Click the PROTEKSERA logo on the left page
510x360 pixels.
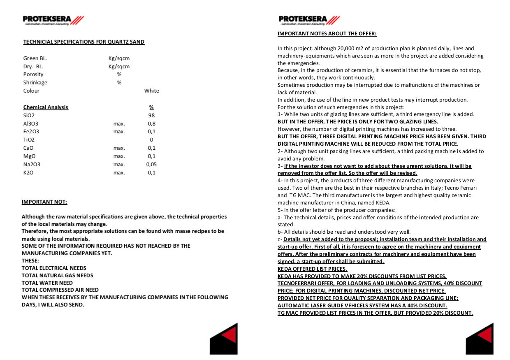click(53, 20)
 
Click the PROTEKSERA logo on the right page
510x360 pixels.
click(309, 20)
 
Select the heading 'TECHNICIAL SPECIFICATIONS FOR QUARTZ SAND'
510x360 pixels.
click(84, 42)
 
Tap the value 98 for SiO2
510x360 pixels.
click(151, 116)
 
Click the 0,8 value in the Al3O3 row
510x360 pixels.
click(151, 123)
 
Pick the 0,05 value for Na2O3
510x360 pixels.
click(151, 165)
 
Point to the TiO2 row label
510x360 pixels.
click(29, 140)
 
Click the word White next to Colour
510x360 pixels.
click(151, 91)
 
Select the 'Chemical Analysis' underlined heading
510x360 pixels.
click(46, 107)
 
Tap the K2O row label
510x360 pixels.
click(28, 173)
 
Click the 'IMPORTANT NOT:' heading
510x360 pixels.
click(44, 202)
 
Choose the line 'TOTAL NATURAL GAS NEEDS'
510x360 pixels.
click(58, 276)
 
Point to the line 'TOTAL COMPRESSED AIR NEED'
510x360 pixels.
click(60, 290)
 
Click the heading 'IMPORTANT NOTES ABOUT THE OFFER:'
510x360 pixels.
click(327, 34)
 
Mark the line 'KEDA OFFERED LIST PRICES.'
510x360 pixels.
click(312, 269)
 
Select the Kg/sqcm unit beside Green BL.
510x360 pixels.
click(119, 58)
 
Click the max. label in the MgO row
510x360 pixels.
click(119, 156)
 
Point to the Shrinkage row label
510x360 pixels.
click(35, 83)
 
